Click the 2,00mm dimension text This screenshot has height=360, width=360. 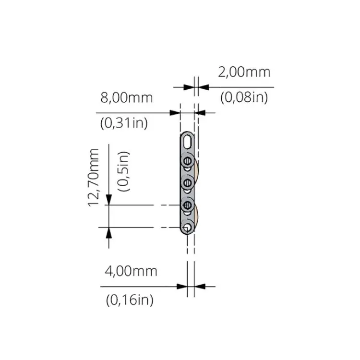(244, 72)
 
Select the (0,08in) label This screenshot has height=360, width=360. (244, 97)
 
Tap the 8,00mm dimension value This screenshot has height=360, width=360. (127, 97)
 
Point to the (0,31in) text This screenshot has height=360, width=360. (124, 123)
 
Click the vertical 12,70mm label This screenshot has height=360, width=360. (94, 178)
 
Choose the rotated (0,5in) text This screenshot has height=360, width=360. (123, 171)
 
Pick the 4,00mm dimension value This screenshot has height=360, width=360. (131, 271)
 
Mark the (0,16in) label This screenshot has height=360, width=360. (130, 300)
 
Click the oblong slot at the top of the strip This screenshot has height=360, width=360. (188, 141)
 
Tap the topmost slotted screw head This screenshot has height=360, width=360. (188, 161)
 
